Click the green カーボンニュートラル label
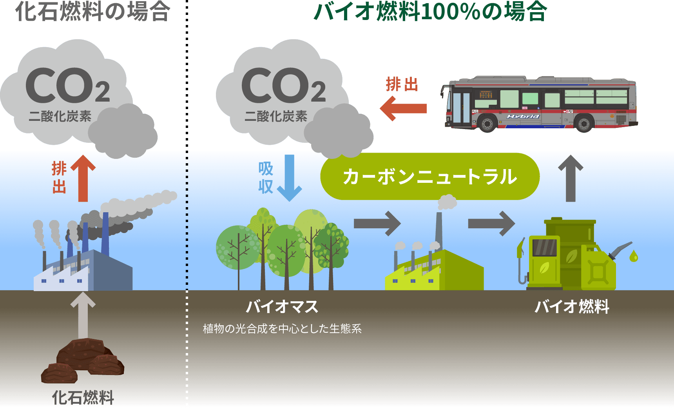(430, 177)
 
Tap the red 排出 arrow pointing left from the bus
(404, 108)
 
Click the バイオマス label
(282, 306)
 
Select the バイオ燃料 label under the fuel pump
(572, 306)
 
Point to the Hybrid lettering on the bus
(523, 117)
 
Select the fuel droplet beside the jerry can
(633, 257)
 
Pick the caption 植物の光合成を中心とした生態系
(282, 328)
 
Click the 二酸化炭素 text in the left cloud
(60, 116)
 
